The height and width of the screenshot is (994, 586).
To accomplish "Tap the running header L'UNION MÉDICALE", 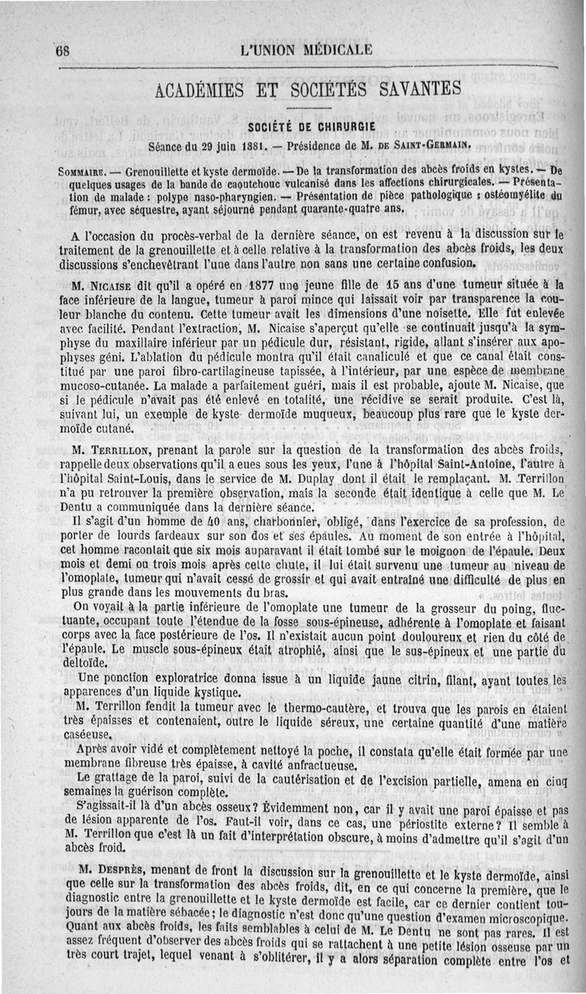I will click(310, 51).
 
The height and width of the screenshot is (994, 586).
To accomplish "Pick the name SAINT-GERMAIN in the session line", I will click(440, 145).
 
